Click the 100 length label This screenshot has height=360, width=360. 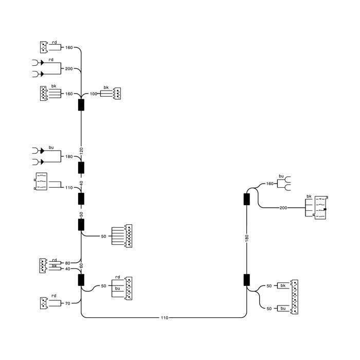[94, 94]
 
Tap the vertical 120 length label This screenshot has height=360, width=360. [81, 151]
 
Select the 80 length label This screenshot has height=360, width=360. [67, 263]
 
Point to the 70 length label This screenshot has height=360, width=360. [67, 303]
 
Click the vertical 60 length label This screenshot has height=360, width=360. [81, 266]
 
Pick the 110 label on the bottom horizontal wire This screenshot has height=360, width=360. [165, 318]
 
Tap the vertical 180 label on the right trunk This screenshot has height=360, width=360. [247, 238]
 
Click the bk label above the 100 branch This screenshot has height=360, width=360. [106, 87]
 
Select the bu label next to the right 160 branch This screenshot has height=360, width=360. [281, 176]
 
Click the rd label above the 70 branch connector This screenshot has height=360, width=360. [53, 296]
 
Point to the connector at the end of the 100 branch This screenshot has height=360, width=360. [117, 94]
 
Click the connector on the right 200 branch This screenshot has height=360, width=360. [321, 208]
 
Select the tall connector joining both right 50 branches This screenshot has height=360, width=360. [294, 297]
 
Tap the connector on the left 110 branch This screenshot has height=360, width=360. [41, 182]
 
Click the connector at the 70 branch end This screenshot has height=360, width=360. [44, 303]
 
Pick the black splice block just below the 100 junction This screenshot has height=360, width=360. [81, 105]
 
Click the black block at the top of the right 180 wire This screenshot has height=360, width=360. [246, 199]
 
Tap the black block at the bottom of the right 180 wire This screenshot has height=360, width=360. [246, 280]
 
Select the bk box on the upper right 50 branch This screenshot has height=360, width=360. [283, 285]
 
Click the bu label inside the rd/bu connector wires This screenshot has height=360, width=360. [118, 289]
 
